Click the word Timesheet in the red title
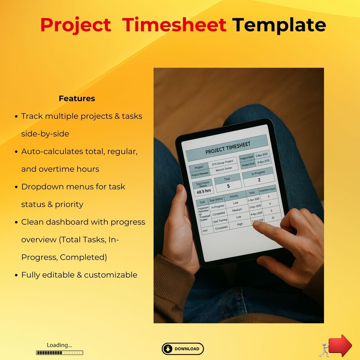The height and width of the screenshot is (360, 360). click(175, 25)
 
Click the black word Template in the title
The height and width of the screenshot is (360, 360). click(279, 25)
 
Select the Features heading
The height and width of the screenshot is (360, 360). click(77, 98)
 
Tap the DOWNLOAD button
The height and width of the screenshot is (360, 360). click(183, 349)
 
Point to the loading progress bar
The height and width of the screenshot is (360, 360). click(59, 352)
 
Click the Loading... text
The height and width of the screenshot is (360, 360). click(59, 345)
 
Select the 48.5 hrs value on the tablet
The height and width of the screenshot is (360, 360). click(204, 191)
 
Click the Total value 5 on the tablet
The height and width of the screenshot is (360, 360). click(228, 186)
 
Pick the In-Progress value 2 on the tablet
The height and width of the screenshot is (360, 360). click(259, 180)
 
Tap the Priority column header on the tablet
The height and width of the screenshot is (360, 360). click(234, 197)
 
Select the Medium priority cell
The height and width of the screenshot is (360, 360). click(237, 210)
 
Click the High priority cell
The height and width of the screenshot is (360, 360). click(240, 224)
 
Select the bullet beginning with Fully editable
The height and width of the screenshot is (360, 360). click(79, 275)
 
